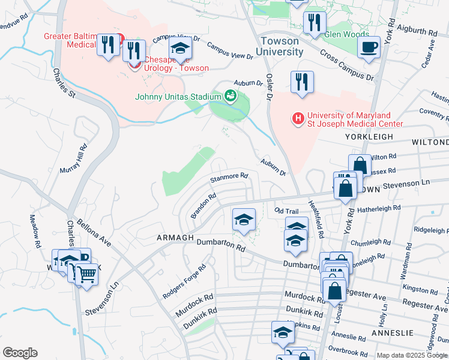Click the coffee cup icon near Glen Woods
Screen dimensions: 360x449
point(369,47)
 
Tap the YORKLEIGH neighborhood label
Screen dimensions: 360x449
point(369,137)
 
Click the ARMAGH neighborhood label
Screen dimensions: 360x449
point(175,238)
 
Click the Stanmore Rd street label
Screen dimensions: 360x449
point(229,177)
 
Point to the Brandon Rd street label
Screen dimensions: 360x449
point(203,206)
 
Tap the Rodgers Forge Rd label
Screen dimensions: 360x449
point(184,282)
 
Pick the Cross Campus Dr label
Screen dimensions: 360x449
point(346,65)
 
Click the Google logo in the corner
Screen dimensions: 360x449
point(20,353)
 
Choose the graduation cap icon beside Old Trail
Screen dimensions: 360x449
point(244,220)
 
